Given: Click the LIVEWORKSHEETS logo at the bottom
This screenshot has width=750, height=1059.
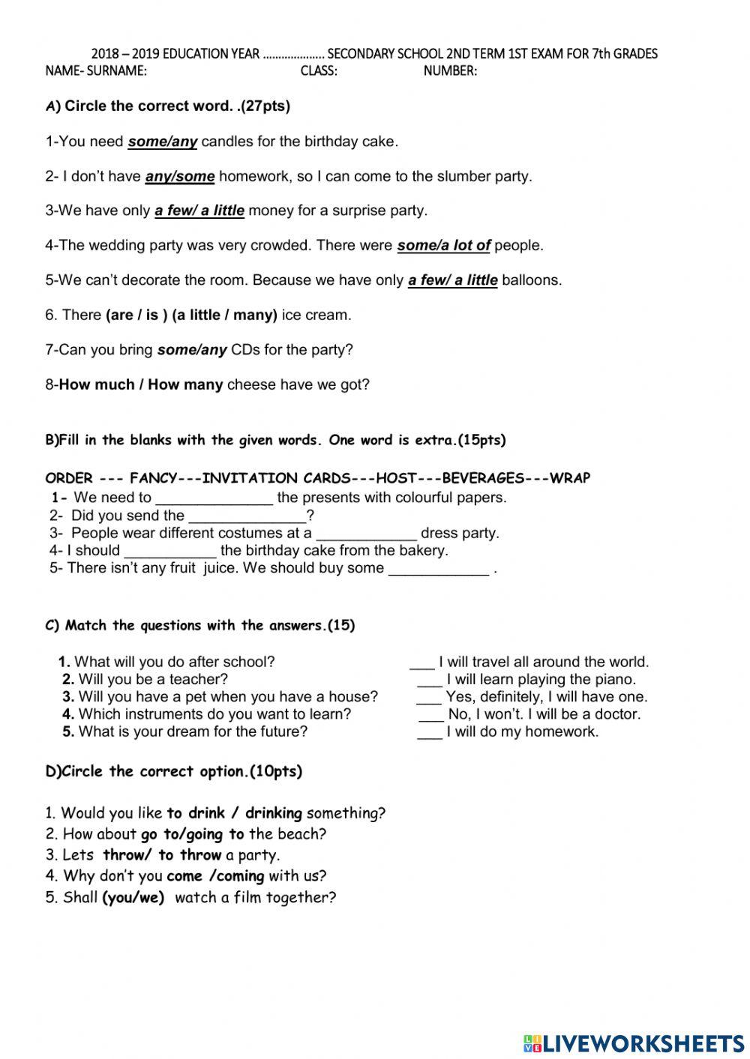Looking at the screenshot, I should pyautogui.click(x=634, y=1043).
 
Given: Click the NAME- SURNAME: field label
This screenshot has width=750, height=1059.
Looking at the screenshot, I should pyautogui.click(x=96, y=71).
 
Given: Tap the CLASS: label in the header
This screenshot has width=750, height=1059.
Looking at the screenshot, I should pyautogui.click(x=319, y=71).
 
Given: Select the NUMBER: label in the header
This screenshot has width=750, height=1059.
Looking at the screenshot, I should pyautogui.click(x=450, y=71).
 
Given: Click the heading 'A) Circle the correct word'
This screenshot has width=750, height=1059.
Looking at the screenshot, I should pyautogui.click(x=168, y=106).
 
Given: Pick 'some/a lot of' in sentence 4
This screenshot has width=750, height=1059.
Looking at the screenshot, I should pyautogui.click(x=443, y=245).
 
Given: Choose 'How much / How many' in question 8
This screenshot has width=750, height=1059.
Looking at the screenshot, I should pyautogui.click(x=141, y=384).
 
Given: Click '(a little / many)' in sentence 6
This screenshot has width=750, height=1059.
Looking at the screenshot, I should pyautogui.click(x=224, y=315).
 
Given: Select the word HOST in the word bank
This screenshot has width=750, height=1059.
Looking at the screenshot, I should pyautogui.click(x=396, y=478).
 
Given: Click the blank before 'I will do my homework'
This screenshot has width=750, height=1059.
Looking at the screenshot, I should pyautogui.click(x=429, y=733).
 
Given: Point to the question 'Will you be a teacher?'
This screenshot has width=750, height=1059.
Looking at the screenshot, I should pyautogui.click(x=152, y=679).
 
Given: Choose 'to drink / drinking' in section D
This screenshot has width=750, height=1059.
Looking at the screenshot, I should pyautogui.click(x=234, y=812).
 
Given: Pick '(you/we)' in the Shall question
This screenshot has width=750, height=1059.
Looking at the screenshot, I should pyautogui.click(x=133, y=897).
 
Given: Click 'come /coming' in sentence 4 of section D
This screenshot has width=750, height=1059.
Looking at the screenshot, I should pyautogui.click(x=215, y=875).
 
